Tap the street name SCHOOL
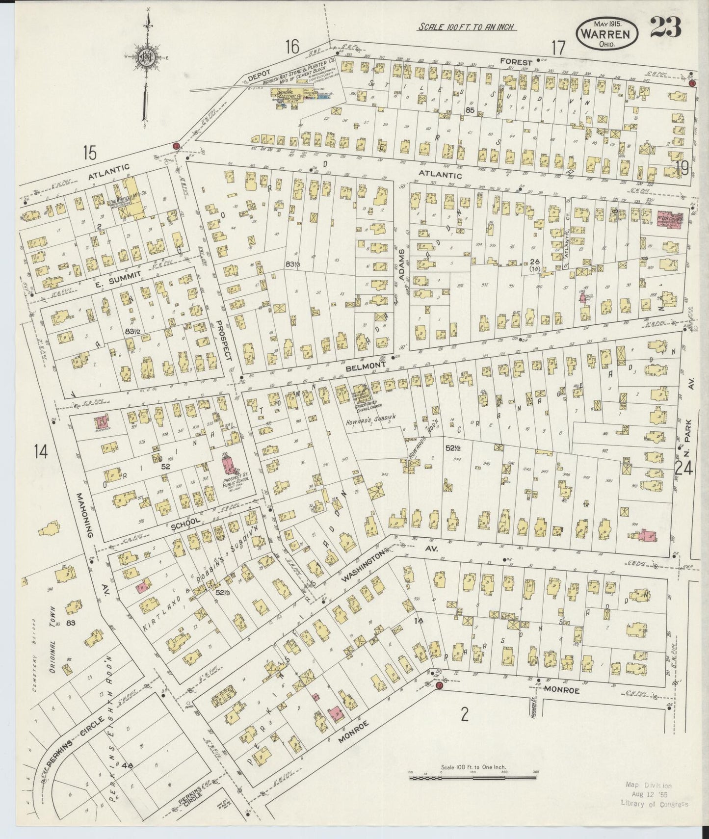click(x=185, y=524)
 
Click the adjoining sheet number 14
click(x=41, y=451)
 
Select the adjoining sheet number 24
click(x=683, y=469)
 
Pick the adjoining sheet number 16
click(x=292, y=47)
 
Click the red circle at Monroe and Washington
click(x=439, y=685)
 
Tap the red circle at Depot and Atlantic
click(x=176, y=146)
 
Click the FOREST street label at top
click(x=516, y=62)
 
